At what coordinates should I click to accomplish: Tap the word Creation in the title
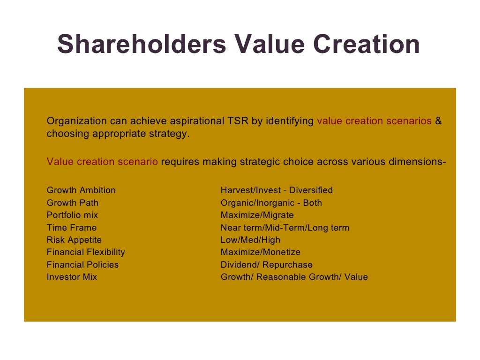(366, 45)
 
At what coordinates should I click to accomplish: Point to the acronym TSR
(238, 121)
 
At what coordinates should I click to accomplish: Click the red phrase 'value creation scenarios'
(374, 121)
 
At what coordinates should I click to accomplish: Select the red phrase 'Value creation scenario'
(102, 162)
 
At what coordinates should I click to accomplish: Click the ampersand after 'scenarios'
(438, 121)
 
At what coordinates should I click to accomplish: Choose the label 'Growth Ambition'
(81, 190)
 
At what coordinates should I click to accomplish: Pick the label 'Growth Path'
(73, 203)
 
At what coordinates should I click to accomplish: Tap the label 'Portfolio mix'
(73, 215)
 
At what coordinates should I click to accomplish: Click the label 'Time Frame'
(72, 228)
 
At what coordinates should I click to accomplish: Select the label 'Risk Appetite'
(74, 240)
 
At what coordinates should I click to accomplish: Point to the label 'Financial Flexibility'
(86, 252)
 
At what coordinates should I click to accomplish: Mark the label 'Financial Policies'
(83, 265)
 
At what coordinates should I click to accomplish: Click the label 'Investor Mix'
(72, 277)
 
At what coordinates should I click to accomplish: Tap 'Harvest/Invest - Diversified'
(277, 190)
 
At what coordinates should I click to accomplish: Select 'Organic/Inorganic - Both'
(271, 203)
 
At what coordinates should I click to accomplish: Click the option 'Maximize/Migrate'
(257, 215)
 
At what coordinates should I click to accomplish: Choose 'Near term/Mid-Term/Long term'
(285, 228)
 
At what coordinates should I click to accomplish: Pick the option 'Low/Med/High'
(250, 240)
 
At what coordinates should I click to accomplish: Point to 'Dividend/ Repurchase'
(267, 265)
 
